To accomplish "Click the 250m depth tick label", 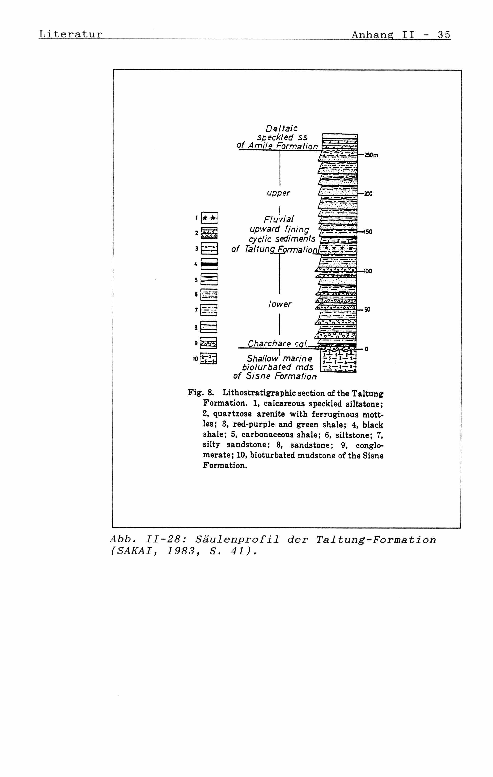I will click(371, 155).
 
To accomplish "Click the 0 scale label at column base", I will click(366, 349).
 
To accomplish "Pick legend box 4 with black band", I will click(209, 264).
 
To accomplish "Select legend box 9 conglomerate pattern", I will click(209, 343).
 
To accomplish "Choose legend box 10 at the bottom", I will click(209, 358).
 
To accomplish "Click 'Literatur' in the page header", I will click(70, 34).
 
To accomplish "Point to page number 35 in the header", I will click(443, 34).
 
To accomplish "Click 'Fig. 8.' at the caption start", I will click(201, 393).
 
